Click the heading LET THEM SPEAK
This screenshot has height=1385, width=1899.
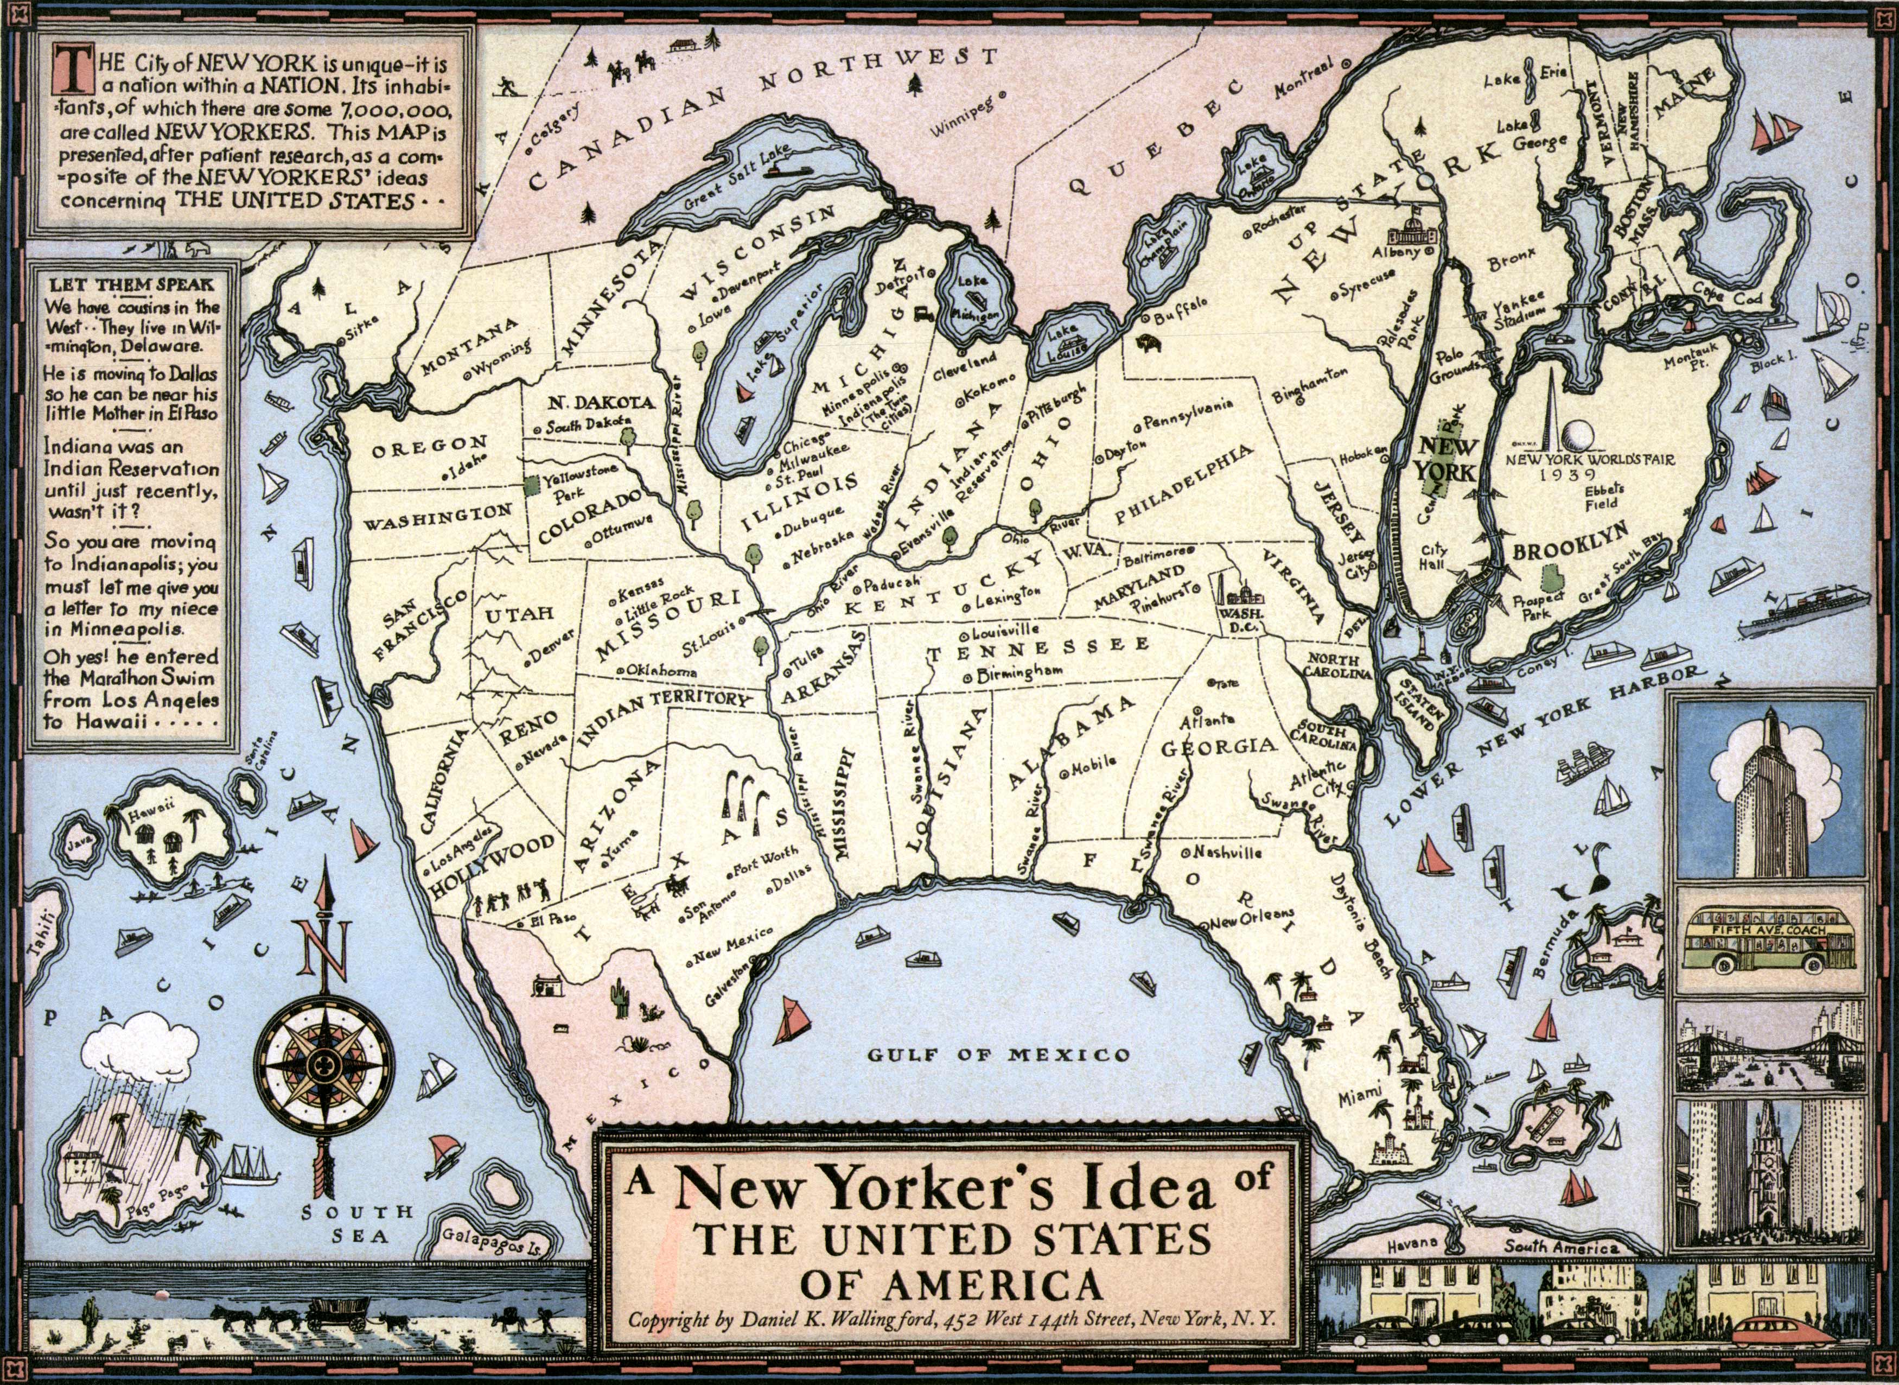coord(131,284)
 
